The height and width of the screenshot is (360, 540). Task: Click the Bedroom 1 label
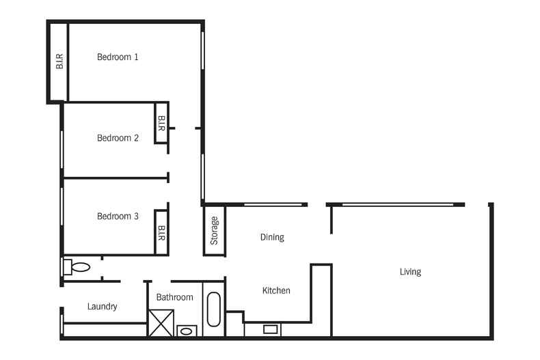point(118,57)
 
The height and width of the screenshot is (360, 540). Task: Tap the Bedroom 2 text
point(118,138)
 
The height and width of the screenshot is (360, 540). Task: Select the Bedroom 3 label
point(118,216)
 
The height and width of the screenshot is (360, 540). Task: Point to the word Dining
point(272,238)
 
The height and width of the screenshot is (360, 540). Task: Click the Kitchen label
point(276,290)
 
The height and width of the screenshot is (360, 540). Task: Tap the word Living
point(410,272)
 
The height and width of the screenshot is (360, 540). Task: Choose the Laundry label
point(103,306)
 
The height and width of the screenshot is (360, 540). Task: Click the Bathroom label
point(174,297)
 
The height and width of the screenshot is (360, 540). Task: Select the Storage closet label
point(214,231)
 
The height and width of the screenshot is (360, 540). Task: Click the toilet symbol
point(77,266)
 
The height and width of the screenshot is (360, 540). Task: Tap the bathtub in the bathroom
point(213,309)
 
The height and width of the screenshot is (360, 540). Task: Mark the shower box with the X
point(161,323)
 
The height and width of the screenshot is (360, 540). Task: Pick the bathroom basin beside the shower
point(187,331)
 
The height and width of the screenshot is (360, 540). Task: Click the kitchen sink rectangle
point(271,329)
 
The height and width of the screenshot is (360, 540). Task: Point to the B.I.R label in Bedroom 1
point(59,61)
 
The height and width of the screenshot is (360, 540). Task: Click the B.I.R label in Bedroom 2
point(161,123)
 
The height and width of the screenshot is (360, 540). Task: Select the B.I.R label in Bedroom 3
point(161,233)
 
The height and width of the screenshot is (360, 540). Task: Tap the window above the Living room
point(398,205)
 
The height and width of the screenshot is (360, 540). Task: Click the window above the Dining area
point(273,205)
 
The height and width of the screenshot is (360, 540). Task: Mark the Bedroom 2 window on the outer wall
point(62,150)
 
